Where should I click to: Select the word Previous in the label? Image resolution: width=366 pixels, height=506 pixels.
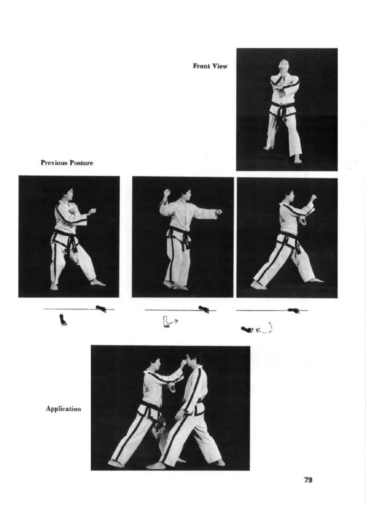pos(54,163)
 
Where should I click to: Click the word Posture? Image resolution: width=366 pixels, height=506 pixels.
pos(81,163)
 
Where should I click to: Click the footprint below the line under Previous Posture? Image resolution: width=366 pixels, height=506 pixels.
pos(63,320)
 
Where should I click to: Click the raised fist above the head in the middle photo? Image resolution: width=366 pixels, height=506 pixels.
pos(167,193)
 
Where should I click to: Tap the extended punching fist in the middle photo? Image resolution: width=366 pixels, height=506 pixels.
pos(219,212)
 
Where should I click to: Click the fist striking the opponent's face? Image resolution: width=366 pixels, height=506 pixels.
pos(183,363)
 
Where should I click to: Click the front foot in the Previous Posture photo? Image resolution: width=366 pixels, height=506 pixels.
pos(98,282)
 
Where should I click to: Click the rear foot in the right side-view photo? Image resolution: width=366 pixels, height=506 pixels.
pos(258,285)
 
